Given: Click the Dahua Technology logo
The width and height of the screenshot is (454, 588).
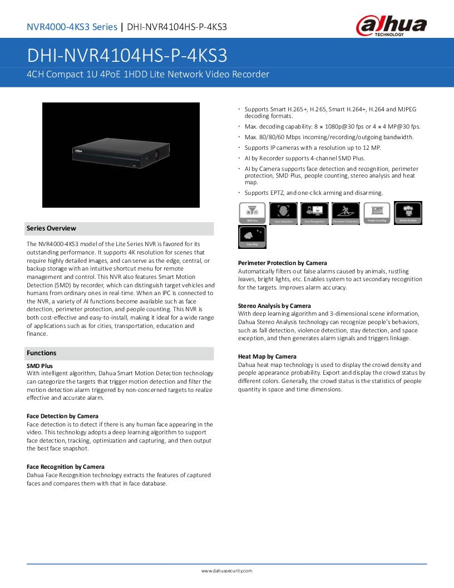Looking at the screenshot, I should click(391, 26).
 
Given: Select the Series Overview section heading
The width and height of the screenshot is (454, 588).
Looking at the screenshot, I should click(51, 228).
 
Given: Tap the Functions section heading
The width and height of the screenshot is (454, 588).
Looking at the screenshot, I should click(42, 353).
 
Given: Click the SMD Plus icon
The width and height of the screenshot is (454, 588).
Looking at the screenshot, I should click(252, 213).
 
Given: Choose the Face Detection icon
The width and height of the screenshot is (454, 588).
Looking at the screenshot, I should click(283, 213).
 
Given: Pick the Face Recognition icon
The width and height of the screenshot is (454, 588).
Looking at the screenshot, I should click(314, 213).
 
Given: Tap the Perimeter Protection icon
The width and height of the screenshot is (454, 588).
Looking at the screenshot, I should click(346, 213).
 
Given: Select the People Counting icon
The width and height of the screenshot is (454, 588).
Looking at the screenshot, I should click(377, 213).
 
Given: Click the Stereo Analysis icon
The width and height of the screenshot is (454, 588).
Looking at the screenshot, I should click(408, 212).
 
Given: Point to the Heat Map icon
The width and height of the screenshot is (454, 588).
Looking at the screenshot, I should click(252, 237).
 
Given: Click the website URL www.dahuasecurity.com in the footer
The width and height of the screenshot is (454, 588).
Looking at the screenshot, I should click(226, 571).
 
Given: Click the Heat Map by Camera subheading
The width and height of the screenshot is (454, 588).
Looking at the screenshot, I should click(267, 356).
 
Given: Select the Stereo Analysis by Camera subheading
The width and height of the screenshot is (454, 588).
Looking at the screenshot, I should click(274, 306).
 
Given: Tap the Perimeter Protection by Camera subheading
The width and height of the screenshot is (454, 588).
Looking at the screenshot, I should click(282, 263).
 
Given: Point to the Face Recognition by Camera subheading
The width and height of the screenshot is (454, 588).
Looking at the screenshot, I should click(66, 467).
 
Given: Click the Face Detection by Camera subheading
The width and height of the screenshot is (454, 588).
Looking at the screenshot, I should click(62, 416).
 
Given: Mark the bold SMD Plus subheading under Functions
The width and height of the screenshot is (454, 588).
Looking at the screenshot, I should click(40, 365).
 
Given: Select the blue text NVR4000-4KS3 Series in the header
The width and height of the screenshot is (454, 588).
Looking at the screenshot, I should click(72, 27).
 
